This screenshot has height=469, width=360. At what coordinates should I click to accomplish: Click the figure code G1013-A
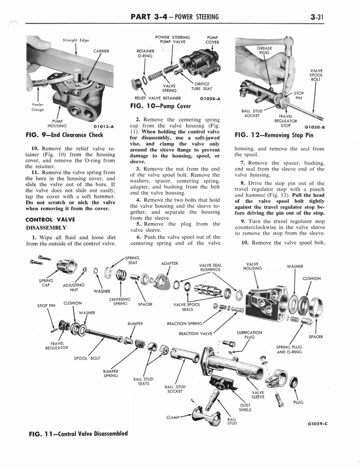104,126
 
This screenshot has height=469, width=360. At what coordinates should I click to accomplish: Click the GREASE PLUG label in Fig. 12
264,50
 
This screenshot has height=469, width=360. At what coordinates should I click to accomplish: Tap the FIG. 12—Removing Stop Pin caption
274,135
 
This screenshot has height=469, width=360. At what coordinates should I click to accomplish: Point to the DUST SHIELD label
245,407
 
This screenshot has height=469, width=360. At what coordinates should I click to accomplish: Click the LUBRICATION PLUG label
250,335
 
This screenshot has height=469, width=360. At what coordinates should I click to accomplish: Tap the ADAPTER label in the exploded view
169,263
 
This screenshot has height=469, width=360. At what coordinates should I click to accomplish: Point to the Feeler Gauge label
38,107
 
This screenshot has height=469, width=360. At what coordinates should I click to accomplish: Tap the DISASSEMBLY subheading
46,228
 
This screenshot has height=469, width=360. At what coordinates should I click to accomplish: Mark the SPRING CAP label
46,283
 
